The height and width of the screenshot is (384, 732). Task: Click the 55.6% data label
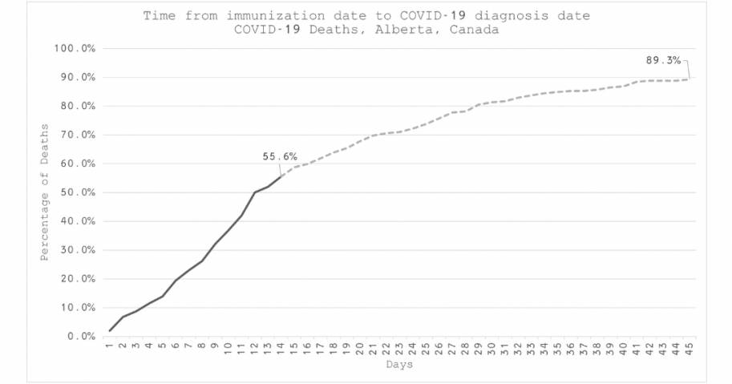tap(279, 157)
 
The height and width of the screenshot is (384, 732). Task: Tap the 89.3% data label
tap(663, 60)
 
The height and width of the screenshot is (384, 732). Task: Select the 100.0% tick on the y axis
tap(75, 49)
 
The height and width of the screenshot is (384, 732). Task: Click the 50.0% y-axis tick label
tap(77, 192)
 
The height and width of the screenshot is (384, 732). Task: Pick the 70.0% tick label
tap(77, 135)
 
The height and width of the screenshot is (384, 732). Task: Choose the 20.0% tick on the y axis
tap(77, 279)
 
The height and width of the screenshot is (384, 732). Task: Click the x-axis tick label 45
tap(688, 350)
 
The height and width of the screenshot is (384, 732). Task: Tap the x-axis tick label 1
tap(110, 349)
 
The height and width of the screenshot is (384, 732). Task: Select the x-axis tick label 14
tap(281, 350)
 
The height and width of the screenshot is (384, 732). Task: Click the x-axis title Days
tap(398, 366)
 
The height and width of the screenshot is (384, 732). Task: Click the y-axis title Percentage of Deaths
tap(45, 192)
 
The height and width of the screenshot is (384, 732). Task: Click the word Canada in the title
tap(476, 30)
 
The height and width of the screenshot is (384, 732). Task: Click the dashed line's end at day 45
tap(688, 79)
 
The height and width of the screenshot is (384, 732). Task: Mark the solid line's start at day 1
tap(110, 330)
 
